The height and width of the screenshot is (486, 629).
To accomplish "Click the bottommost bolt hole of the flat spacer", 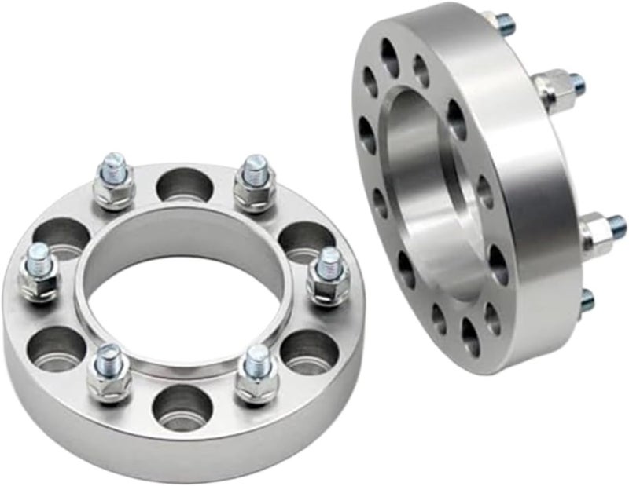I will [x=182, y=407].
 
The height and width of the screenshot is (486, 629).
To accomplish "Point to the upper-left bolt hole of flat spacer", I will [x=59, y=234].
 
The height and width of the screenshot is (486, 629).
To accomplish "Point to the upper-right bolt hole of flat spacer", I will [x=307, y=238].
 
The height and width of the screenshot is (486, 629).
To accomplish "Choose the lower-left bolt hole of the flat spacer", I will [x=55, y=345].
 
